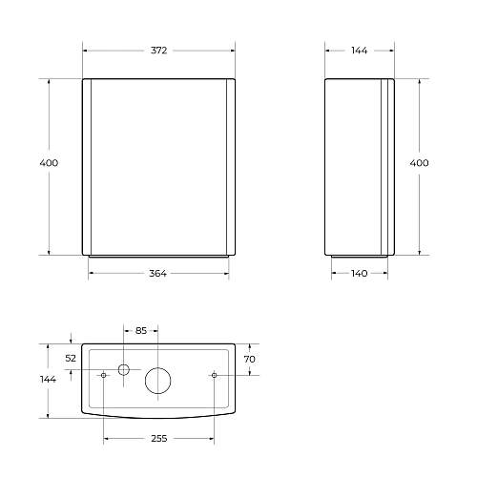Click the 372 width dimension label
tap(158, 51)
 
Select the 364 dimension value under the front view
tap(157, 274)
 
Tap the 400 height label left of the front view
tap(49, 163)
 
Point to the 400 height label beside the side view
tap(419, 163)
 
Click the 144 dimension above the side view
tap(360, 51)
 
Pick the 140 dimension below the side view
tap(360, 274)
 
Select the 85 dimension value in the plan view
tap(141, 331)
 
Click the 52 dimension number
tap(71, 359)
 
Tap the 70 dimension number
tap(250, 359)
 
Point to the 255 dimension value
tap(159, 439)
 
